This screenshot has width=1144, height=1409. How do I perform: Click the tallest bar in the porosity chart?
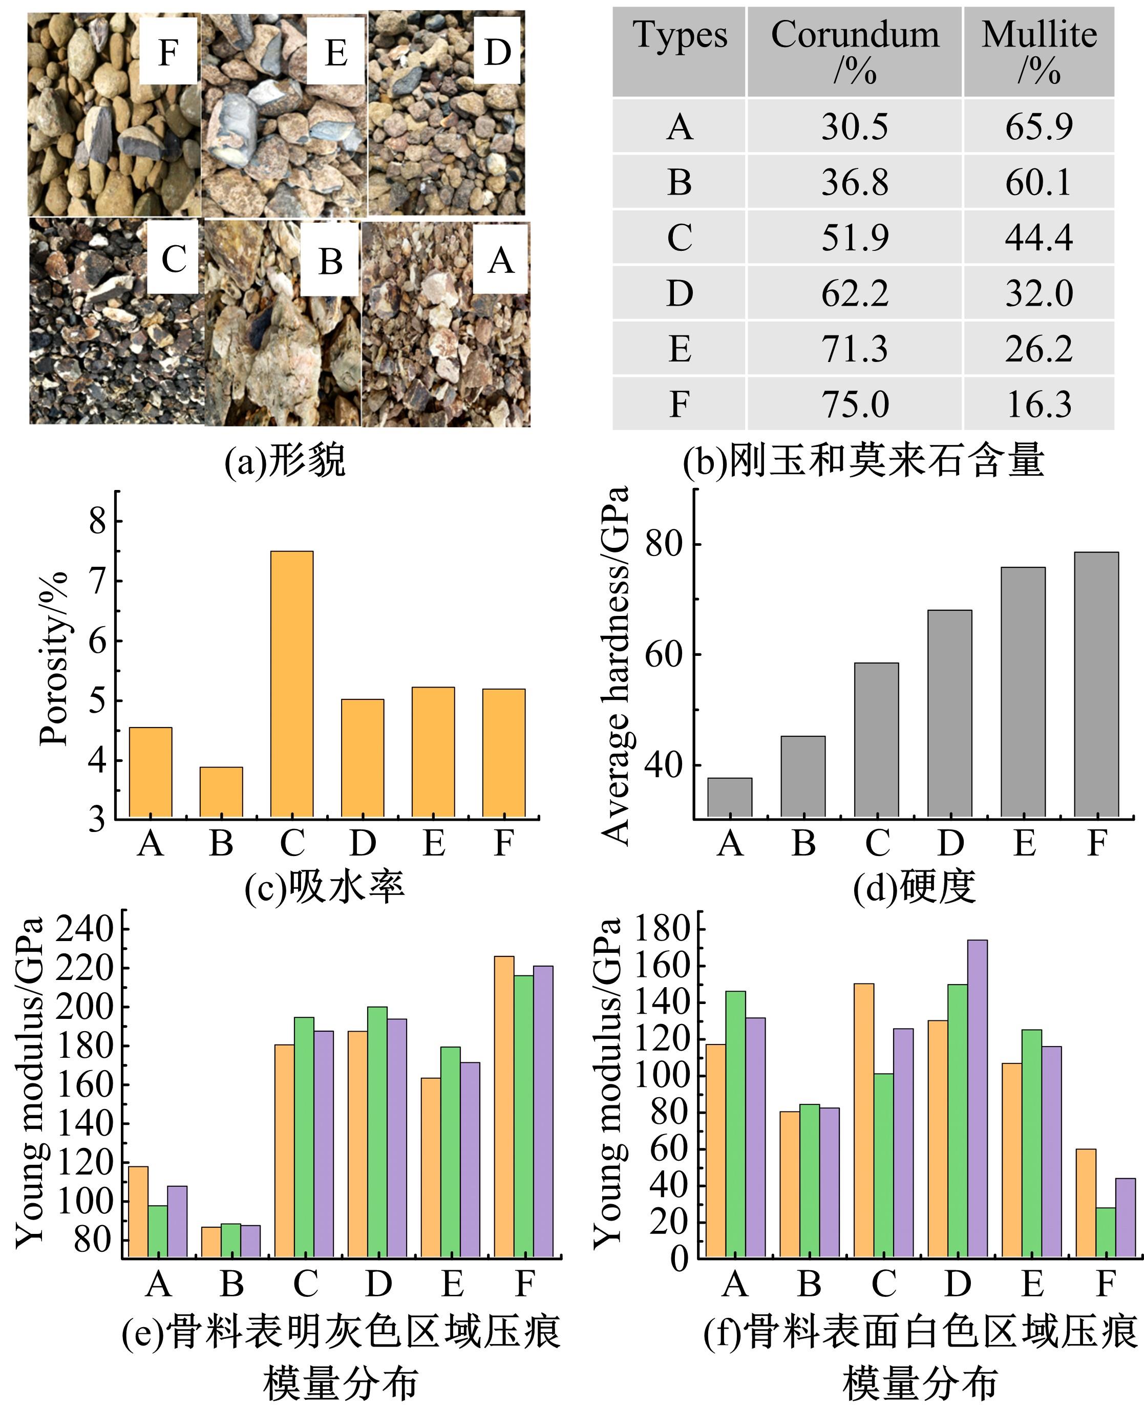pos(291,685)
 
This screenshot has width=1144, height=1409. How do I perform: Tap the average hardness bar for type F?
pos(1096,685)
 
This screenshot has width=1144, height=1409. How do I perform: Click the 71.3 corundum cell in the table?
pos(854,349)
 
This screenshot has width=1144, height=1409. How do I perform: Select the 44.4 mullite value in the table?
pos(1039,237)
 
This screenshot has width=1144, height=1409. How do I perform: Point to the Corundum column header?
pos(854,51)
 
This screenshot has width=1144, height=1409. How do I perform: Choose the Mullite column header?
pos(1039,51)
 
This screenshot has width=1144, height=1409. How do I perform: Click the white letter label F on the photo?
pos(168,51)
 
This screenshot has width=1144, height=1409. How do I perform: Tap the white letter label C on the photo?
pos(173,258)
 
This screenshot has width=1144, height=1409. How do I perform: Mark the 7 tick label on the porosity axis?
pos(97,581)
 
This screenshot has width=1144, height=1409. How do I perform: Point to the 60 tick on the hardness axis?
pos(663,655)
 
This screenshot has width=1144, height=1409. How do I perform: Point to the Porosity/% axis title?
pos(54,659)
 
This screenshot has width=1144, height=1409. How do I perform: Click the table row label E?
pos(680,349)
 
